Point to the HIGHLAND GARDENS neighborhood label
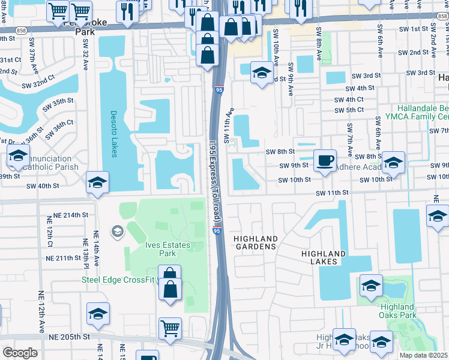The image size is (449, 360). point(255,242)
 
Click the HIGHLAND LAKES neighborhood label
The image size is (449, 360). point(324,258)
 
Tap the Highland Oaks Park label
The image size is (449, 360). point(398,311)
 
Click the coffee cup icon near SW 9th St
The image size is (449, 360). point(325,160)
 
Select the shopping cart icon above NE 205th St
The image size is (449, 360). point(170,328)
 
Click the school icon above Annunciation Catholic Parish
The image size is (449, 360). point(19,156)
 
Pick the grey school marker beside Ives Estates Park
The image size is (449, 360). point(116,231)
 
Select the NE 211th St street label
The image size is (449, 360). point(64,259)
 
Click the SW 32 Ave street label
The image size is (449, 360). point(86,58)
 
